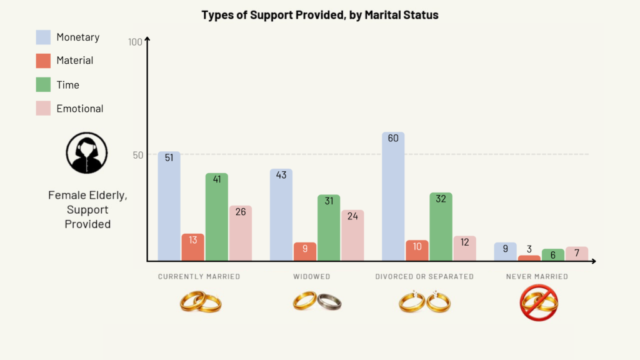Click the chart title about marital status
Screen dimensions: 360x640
click(320, 15)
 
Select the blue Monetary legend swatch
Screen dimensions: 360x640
click(43, 37)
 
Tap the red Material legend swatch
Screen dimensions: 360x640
click(43, 61)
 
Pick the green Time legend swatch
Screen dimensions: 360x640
click(43, 84)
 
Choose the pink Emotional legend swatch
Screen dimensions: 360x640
click(43, 108)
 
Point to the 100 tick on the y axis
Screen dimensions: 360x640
click(135, 42)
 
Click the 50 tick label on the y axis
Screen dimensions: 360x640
click(137, 154)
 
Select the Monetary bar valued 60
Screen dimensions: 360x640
click(393, 196)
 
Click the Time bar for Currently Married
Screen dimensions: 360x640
click(216, 217)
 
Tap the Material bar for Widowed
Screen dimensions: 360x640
click(305, 251)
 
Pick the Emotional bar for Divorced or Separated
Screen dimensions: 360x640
click(464, 248)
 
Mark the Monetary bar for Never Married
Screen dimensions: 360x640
click(505, 251)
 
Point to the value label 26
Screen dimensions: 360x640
click(241, 212)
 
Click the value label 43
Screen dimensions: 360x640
click(281, 175)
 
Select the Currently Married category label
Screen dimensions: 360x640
click(199, 276)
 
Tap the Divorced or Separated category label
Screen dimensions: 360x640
click(424, 276)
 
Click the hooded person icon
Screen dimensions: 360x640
click(87, 153)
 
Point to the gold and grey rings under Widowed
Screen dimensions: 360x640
click(317, 302)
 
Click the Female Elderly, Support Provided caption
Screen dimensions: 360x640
click(87, 209)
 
